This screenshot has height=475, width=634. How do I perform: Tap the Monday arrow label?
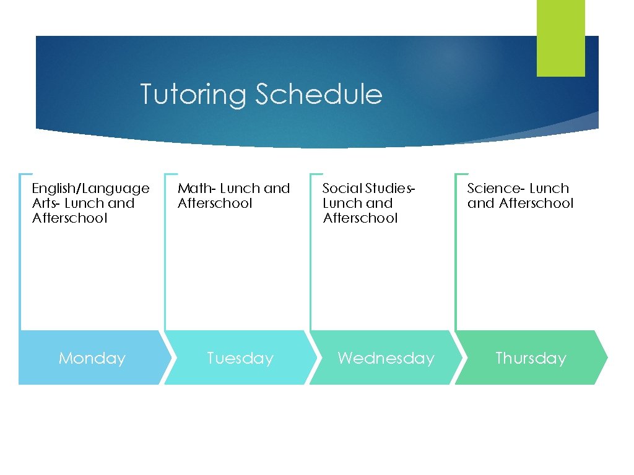pyautogui.click(x=92, y=358)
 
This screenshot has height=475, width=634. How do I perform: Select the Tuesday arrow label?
pyautogui.click(x=240, y=358)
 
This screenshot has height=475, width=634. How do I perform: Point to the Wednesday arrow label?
pyautogui.click(x=386, y=358)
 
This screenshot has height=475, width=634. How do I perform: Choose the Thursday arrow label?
pyautogui.click(x=531, y=358)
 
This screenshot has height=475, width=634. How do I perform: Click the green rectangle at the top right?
pyautogui.click(x=560, y=38)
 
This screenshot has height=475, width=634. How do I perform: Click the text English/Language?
pyautogui.click(x=90, y=189)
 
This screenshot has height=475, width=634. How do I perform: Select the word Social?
pyautogui.click(x=342, y=188)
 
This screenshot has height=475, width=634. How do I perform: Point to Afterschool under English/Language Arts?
pyautogui.click(x=69, y=218)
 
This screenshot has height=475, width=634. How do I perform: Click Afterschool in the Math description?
pyautogui.click(x=215, y=203)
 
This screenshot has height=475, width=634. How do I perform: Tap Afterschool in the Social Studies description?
pyautogui.click(x=360, y=218)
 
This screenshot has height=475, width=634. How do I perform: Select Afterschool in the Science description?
pyautogui.click(x=536, y=203)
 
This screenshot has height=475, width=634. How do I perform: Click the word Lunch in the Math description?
pyautogui.click(x=240, y=188)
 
